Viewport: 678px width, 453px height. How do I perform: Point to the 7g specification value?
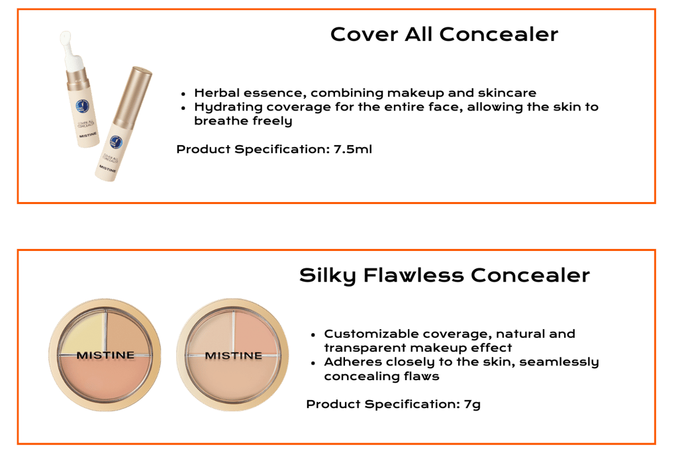point(472,403)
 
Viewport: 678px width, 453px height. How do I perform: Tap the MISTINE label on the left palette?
point(105,355)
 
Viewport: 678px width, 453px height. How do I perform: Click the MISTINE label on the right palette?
point(233,356)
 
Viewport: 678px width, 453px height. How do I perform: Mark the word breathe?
point(218,121)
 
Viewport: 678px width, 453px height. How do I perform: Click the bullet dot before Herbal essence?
point(182,93)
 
